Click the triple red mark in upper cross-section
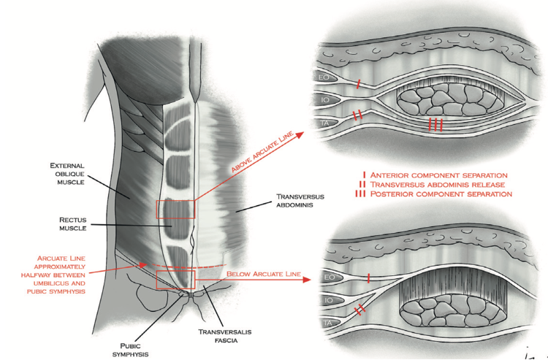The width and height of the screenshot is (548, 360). point(435,125)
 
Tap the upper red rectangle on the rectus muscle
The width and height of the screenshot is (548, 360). point(175,208)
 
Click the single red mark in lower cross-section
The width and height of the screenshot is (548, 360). point(368,278)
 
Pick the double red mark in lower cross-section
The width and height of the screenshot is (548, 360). point(359,310)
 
